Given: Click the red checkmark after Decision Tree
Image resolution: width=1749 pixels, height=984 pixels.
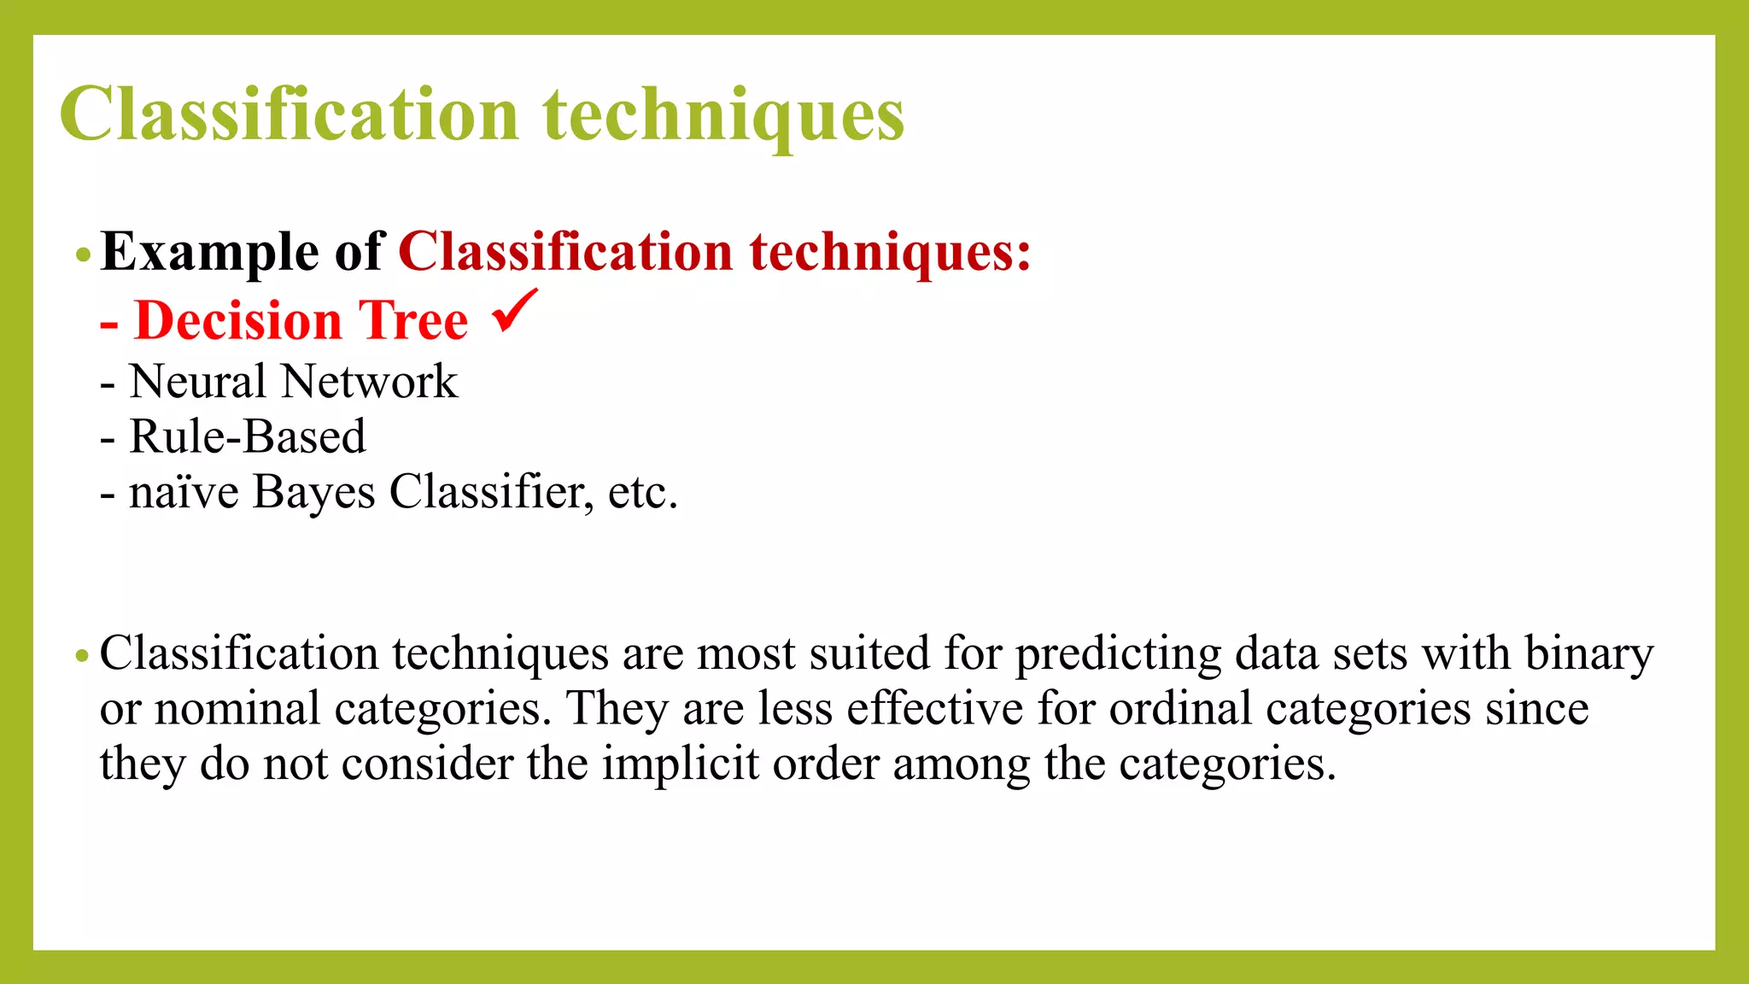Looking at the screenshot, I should click(515, 312).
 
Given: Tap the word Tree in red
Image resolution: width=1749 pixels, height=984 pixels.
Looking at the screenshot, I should click(413, 321).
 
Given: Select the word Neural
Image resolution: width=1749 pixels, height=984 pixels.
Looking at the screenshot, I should click(197, 381).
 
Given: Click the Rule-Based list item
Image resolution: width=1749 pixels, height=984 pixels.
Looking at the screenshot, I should click(247, 436).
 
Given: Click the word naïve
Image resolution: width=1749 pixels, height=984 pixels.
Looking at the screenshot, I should click(184, 493).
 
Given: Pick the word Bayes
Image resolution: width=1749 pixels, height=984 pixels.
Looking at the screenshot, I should click(313, 493).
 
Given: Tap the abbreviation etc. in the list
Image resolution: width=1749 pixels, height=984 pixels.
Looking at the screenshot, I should click(642, 493).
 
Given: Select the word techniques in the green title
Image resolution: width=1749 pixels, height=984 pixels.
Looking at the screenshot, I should click(723, 116).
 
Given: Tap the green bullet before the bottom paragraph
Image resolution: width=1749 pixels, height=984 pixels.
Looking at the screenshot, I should click(82, 656).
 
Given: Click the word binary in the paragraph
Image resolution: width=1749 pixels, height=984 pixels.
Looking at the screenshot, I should click(1589, 654).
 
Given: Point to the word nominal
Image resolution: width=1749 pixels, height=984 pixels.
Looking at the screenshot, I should click(237, 709).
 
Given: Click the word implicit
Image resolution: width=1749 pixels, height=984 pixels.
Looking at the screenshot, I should click(680, 764).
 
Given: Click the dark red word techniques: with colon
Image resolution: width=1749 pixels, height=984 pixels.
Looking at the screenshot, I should click(891, 253).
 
